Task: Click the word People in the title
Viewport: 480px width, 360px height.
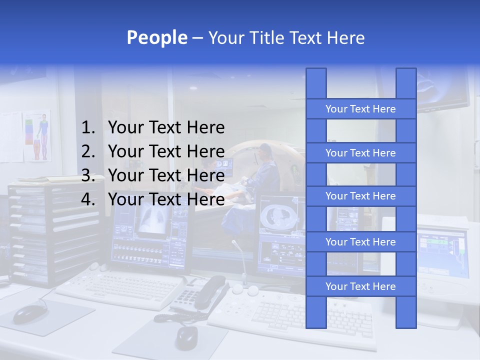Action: tap(157, 38)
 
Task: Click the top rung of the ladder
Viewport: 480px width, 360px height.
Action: tap(360, 109)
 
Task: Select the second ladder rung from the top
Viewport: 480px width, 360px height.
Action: tap(360, 153)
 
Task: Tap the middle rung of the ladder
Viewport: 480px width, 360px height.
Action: tap(360, 196)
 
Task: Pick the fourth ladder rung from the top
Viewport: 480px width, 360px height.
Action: tap(360, 242)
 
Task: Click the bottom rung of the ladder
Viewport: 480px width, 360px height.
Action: tap(360, 286)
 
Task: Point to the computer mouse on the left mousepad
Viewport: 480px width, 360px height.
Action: tap(28, 313)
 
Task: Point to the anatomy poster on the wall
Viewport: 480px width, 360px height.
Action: tap(38, 135)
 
